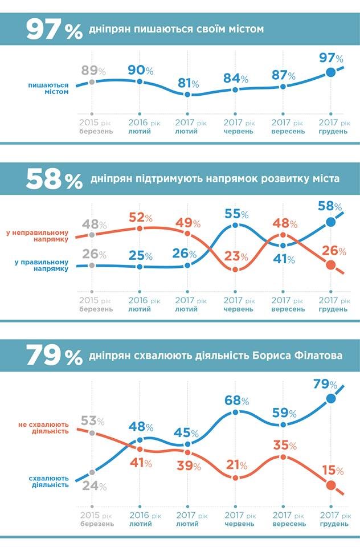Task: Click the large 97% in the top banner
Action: tap(54, 29)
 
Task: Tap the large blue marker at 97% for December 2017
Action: tap(330, 72)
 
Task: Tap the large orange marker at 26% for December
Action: tap(330, 264)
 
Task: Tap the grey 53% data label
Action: tap(93, 421)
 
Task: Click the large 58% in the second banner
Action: tap(54, 179)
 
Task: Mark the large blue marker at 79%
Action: tap(331, 398)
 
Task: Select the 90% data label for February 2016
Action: tap(141, 71)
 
